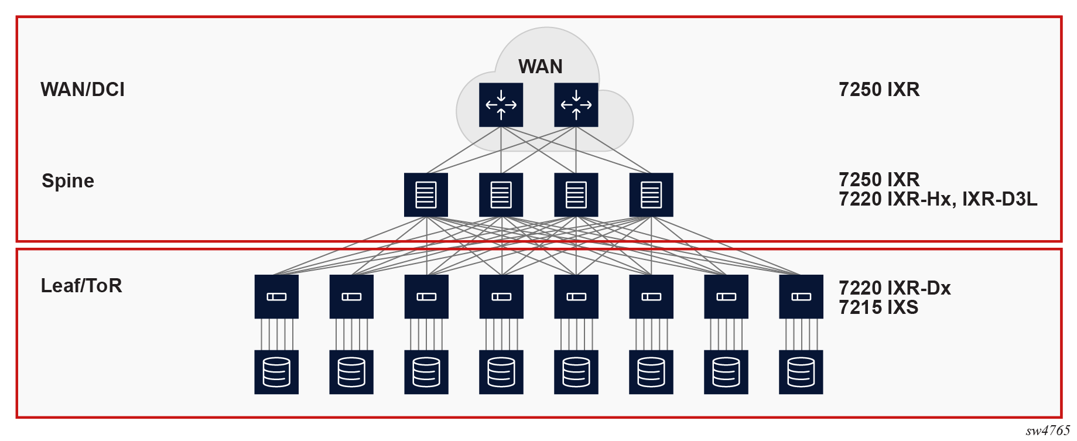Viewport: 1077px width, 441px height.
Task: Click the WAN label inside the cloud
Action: [540, 67]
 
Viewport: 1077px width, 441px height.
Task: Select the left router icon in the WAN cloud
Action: [501, 105]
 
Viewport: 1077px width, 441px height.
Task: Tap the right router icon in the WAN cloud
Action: [576, 105]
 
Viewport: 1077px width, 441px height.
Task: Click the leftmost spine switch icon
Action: [426, 194]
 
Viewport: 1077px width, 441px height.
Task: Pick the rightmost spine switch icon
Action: [651, 194]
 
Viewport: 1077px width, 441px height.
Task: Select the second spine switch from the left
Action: [501, 194]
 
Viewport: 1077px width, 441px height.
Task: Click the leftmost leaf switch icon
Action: [276, 296]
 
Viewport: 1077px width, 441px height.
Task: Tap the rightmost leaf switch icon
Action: [801, 296]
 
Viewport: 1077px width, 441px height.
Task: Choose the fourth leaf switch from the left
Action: [501, 296]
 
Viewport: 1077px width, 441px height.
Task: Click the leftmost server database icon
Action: [276, 372]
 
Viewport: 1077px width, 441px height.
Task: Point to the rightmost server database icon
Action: [801, 372]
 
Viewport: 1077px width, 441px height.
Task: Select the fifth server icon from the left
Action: [576, 372]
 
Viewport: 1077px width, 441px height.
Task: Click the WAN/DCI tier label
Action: [83, 90]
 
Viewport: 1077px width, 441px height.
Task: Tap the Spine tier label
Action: [68, 181]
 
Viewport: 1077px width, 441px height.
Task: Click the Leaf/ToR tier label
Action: [81, 286]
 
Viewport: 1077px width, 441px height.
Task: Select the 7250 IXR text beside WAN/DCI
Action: [879, 90]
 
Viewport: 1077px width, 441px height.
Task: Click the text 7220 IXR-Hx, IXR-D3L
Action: [938, 200]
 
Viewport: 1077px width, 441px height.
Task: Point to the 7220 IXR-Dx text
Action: [894, 288]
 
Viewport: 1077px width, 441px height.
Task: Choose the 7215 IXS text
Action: [878, 307]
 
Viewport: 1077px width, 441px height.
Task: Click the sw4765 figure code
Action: [1047, 431]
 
